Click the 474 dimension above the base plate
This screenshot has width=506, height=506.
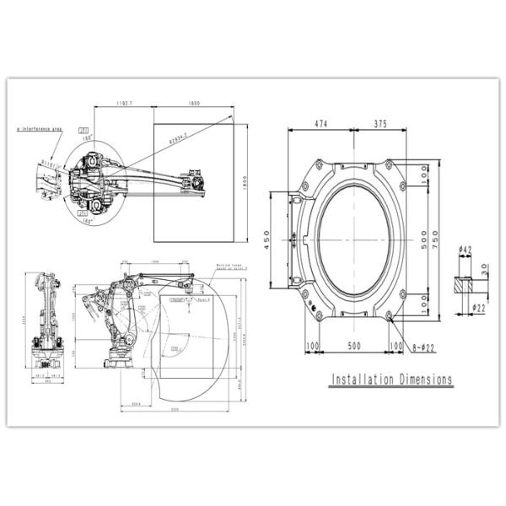(x=320, y=122)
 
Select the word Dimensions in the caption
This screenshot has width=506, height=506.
(x=423, y=379)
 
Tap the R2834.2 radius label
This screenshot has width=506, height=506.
(x=177, y=135)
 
